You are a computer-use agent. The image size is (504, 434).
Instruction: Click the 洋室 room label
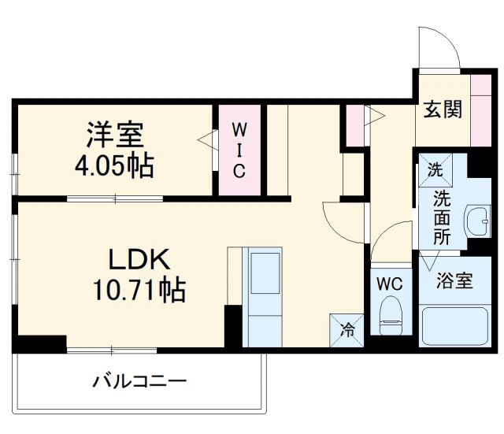click(115, 135)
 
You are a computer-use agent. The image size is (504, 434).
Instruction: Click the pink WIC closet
click(239, 150)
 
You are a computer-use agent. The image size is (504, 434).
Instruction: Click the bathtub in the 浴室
click(457, 325)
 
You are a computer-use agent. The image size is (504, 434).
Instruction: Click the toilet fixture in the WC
click(390, 315)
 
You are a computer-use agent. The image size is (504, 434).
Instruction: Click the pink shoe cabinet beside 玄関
click(480, 109)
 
